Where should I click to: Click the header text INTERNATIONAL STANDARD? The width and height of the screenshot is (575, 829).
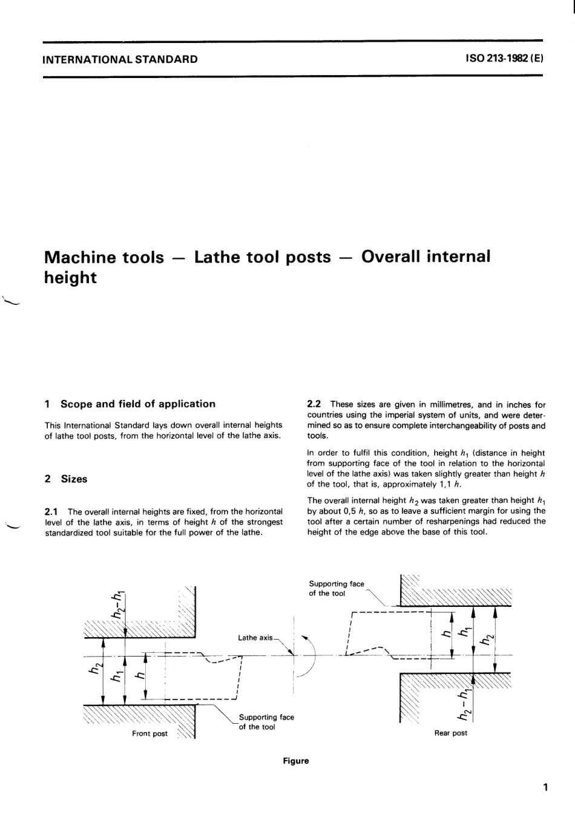120,59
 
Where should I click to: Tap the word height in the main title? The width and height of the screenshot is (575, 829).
71,278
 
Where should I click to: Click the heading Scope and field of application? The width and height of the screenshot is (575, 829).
137,404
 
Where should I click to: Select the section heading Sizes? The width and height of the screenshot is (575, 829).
74,479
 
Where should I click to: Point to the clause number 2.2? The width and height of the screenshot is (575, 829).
315,405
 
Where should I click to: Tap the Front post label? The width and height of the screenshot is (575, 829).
149,733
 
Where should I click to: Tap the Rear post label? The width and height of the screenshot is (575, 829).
451,733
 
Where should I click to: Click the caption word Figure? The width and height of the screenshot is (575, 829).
295,761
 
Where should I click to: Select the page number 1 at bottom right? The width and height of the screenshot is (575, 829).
545,788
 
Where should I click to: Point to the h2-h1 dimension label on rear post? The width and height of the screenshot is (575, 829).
465,704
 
